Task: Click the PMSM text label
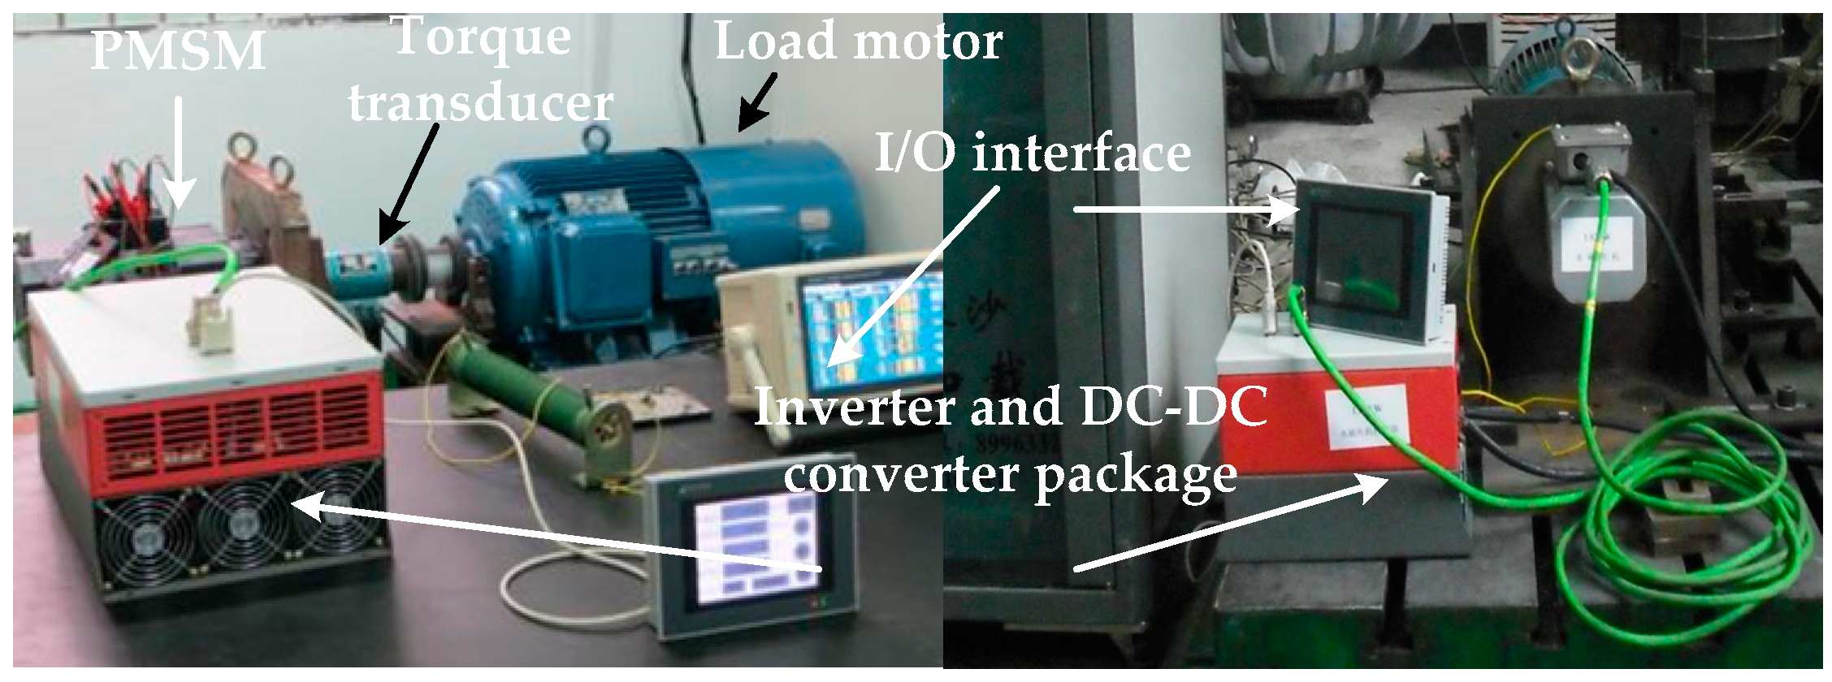coord(178,50)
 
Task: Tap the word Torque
coord(481,37)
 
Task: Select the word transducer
coord(480,104)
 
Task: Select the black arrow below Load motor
coord(755,102)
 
